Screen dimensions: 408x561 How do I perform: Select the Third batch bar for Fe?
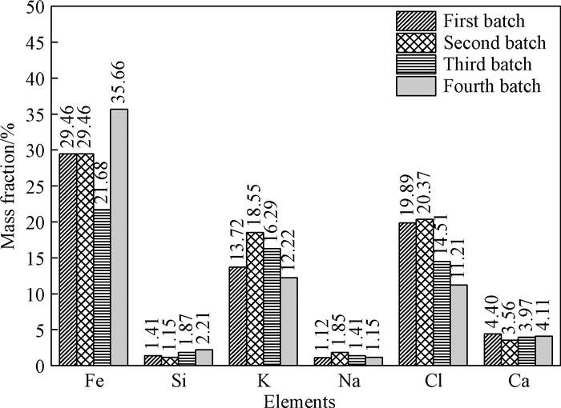coord(102,287)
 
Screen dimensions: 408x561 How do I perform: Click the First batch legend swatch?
coord(415,20)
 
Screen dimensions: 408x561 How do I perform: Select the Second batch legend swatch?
coord(415,42)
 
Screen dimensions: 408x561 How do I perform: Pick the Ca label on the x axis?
coord(519,382)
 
